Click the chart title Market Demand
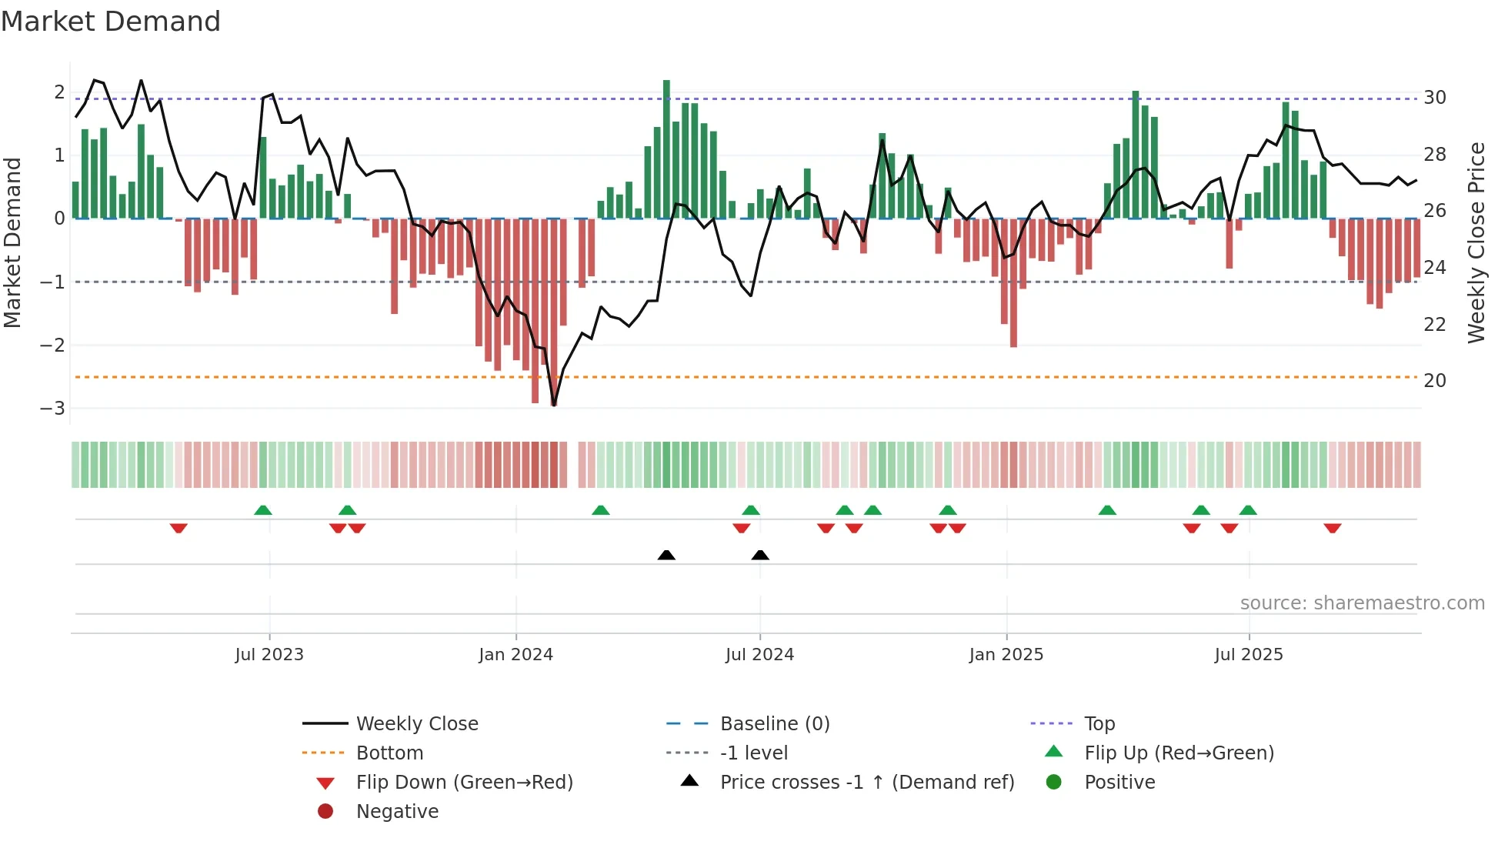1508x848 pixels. coord(111,22)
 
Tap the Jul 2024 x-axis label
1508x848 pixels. coord(759,655)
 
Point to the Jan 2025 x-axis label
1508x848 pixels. coord(1006,655)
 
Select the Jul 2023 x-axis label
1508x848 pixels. coord(269,655)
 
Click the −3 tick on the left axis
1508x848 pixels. coord(52,409)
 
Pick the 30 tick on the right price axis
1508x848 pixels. coord(1435,98)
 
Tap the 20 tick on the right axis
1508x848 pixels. coord(1435,381)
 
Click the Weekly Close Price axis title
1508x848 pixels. coord(1476,242)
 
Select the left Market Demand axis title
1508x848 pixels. coord(12,242)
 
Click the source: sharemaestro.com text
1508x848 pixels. coord(1362,603)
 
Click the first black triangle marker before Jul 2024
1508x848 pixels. coord(666,556)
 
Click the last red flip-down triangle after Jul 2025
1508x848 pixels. coord(1333,528)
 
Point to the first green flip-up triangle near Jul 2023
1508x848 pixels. coord(263,510)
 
